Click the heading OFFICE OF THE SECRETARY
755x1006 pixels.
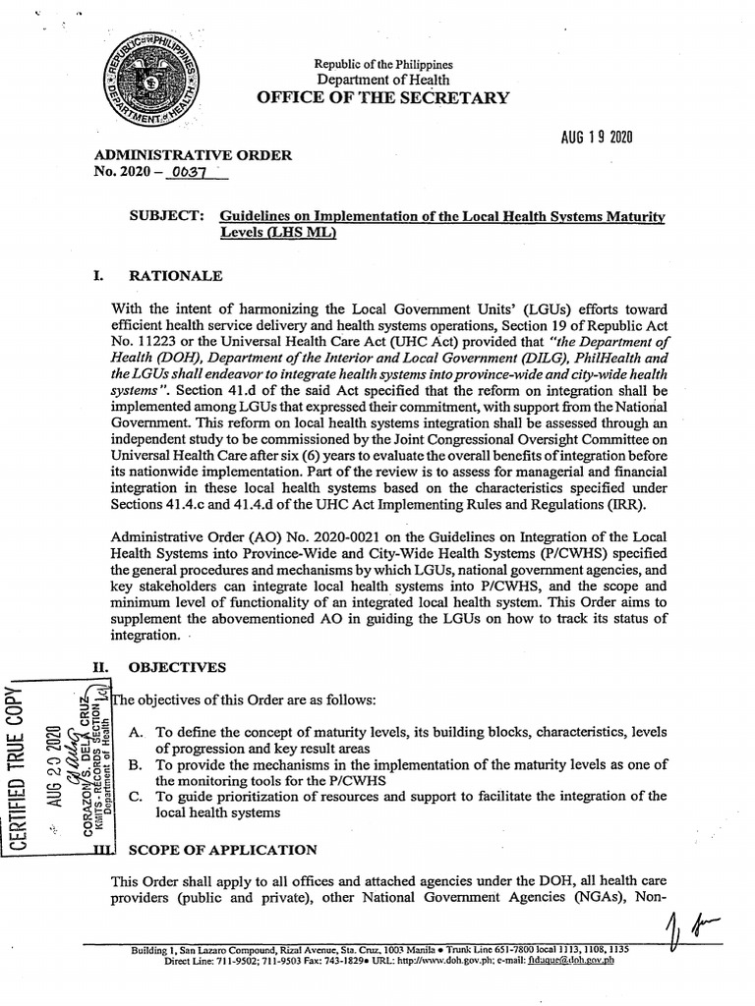383,97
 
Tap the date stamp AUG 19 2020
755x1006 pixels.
589,137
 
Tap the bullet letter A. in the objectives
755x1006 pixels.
138,733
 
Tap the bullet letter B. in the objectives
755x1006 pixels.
138,764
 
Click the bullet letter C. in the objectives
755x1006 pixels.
138,796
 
